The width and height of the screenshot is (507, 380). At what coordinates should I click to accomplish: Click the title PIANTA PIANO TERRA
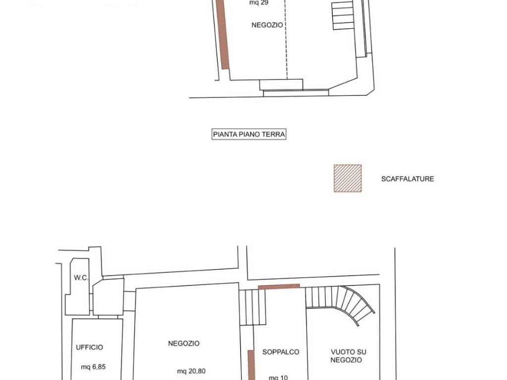pyautogui.click(x=249, y=134)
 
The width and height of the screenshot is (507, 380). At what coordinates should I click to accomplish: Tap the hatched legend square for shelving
pyautogui.click(x=348, y=178)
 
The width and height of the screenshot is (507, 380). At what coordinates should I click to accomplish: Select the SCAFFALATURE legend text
pyautogui.click(x=407, y=179)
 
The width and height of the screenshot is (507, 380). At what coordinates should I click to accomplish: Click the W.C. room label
pyautogui.click(x=81, y=278)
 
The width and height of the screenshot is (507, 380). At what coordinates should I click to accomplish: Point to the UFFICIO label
pyautogui.click(x=90, y=347)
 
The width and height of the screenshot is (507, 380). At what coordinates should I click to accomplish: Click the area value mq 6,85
pyautogui.click(x=93, y=367)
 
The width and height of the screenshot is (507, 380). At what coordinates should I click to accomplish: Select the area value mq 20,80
pyautogui.click(x=191, y=371)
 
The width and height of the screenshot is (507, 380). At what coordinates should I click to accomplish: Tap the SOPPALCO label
pyautogui.click(x=281, y=352)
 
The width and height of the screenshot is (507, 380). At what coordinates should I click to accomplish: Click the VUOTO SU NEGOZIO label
pyautogui.click(x=348, y=356)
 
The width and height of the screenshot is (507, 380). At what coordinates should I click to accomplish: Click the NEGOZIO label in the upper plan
pyautogui.click(x=267, y=25)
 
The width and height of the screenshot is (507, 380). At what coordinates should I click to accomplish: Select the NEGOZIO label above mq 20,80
pyautogui.click(x=184, y=343)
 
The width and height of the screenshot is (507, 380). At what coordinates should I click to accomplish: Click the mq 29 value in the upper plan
pyautogui.click(x=258, y=2)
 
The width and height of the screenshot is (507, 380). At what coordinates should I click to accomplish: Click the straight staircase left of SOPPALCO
pyautogui.click(x=253, y=307)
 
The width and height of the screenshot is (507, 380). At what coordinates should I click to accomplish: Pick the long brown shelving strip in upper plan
pyautogui.click(x=223, y=34)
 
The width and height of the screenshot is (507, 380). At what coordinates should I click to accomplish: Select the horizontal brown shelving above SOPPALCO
pyautogui.click(x=279, y=286)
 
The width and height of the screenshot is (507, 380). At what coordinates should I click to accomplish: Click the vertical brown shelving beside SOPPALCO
pyautogui.click(x=251, y=365)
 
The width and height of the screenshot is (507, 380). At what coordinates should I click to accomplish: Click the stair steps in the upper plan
pyautogui.click(x=343, y=15)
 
